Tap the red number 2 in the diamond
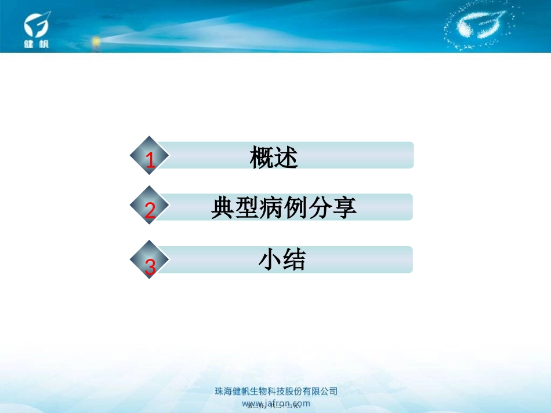coord(150,211)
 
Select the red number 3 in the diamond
coord(150,267)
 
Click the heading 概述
coord(274,158)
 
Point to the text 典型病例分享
coord(284,208)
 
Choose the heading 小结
coord(282,261)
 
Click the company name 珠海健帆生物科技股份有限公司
coord(276,392)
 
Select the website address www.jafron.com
coord(275,403)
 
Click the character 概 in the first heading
coord(262,158)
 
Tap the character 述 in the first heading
coord(286,158)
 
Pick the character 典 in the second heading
coord(223,208)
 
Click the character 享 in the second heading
coord(345,208)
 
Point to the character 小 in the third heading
coord(270,261)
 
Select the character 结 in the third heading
coord(294,261)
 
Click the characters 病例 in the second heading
coord(284,208)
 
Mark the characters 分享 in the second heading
coord(332,208)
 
